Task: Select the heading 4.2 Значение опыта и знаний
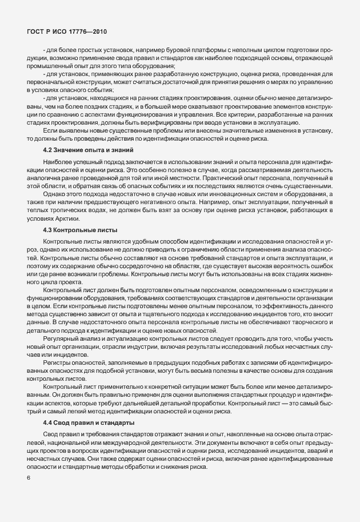(89, 149)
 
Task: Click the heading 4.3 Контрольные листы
(80, 230)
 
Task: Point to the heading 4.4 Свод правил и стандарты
(89, 422)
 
